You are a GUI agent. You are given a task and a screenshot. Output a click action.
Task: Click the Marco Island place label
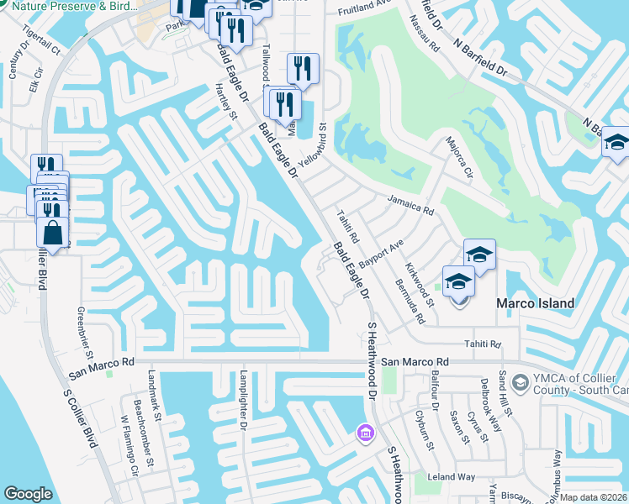[535, 303]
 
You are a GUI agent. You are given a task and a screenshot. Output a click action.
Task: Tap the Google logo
[28, 494]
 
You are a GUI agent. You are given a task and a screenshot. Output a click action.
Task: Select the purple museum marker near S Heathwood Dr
[364, 433]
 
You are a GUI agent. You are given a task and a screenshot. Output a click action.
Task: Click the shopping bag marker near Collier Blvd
[52, 233]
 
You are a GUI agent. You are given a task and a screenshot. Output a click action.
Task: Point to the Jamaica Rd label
[410, 203]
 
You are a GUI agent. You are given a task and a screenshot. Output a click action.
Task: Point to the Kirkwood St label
[420, 284]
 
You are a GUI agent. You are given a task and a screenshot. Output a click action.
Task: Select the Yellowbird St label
[314, 144]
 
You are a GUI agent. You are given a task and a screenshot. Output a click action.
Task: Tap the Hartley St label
[225, 102]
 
